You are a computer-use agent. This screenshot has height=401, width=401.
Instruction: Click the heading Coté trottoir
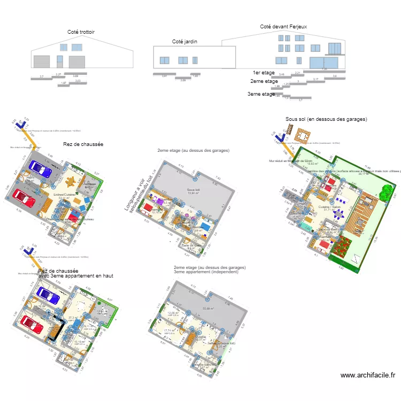[81, 32]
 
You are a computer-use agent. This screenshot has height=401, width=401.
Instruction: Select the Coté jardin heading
[184, 41]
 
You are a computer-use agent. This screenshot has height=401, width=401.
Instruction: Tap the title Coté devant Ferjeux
[283, 26]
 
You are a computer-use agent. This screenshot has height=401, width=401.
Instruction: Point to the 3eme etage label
[261, 94]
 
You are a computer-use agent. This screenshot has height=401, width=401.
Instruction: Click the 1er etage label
[264, 72]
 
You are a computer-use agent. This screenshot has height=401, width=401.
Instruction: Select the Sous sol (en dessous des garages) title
[326, 119]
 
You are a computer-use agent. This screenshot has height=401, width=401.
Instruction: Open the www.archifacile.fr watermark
[367, 375]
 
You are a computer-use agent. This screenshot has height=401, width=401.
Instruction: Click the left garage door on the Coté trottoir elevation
[41, 61]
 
